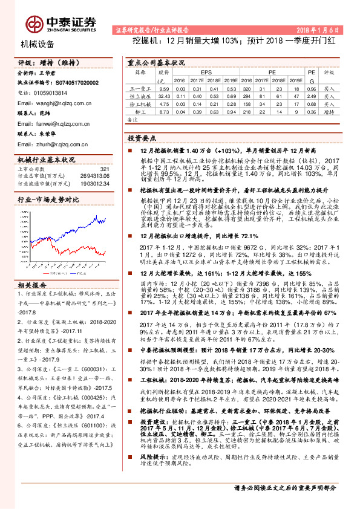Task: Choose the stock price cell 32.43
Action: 163,96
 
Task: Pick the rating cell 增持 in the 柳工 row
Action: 329,111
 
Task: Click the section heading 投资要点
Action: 143,138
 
